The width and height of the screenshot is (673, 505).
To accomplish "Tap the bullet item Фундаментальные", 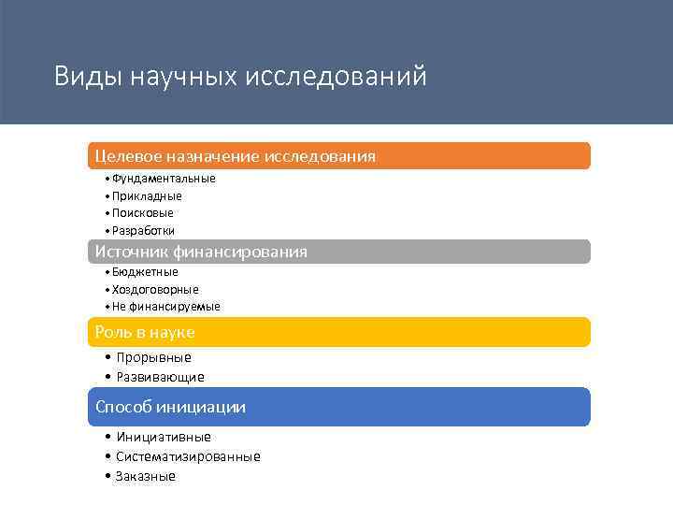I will pyautogui.click(x=164, y=179).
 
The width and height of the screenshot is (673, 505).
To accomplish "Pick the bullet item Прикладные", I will pyautogui.click(x=147, y=196).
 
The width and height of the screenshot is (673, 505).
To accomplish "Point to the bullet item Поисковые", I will pyautogui.click(x=142, y=213).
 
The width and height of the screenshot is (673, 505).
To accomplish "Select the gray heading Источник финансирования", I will pyautogui.click(x=201, y=252).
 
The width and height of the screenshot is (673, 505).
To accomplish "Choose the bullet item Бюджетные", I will pyautogui.click(x=145, y=272).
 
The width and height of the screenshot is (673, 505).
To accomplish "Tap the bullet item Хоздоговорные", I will pyautogui.click(x=155, y=290).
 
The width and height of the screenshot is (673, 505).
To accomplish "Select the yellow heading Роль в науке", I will pyautogui.click(x=145, y=332).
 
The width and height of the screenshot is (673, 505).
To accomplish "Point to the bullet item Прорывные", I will pyautogui.click(x=153, y=357).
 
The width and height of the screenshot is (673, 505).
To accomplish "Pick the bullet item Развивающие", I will pyautogui.click(x=160, y=377).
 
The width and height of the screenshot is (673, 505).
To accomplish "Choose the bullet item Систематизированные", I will pyautogui.click(x=188, y=456).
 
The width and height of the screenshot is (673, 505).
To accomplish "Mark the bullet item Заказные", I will pyautogui.click(x=146, y=476).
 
